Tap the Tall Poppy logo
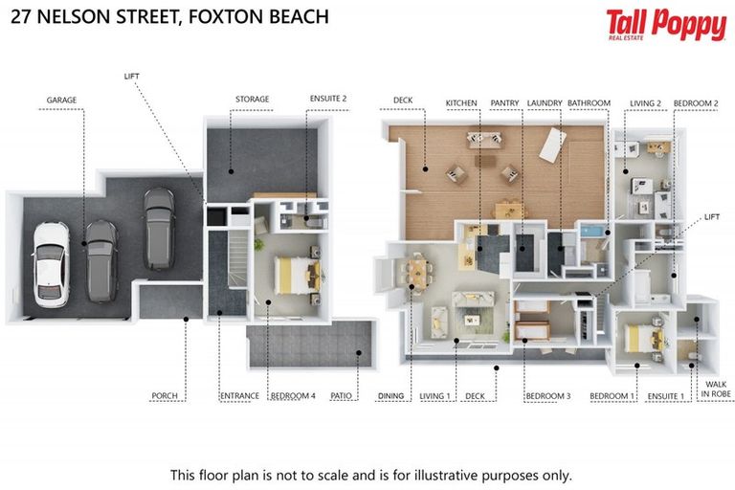pyautogui.click(x=665, y=26)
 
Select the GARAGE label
pyautogui.click(x=60, y=99)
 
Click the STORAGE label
pyautogui.click(x=253, y=99)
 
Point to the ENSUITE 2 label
pyautogui.click(x=328, y=99)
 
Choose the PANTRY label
pyautogui.click(x=504, y=100)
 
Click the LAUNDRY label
pyautogui.click(x=544, y=100)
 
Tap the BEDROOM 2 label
pyautogui.click(x=696, y=100)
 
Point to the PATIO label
pyautogui.click(x=342, y=394)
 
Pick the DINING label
pyautogui.click(x=391, y=394)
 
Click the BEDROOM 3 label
pyautogui.click(x=547, y=394)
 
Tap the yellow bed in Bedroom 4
pyautogui.click(x=293, y=276)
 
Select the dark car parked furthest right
pyautogui.click(x=159, y=228)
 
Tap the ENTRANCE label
pyautogui.click(x=239, y=394)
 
